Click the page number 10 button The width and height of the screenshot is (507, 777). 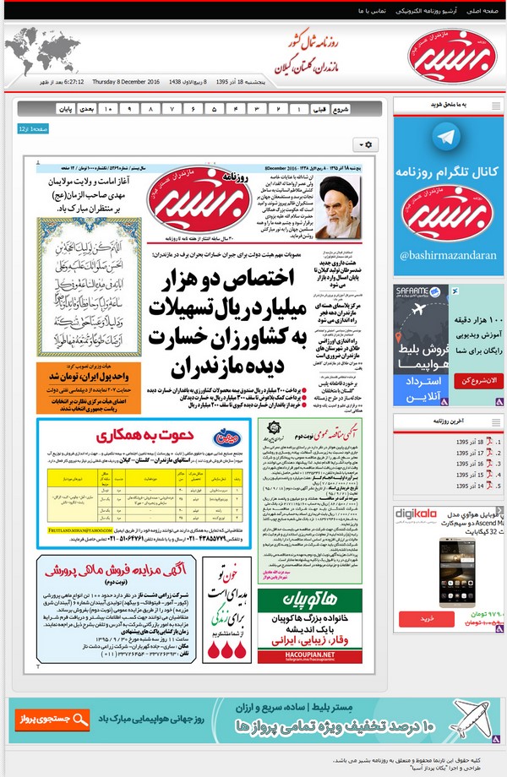[107, 109]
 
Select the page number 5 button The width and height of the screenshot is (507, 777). [215, 109]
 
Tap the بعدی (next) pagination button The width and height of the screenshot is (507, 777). [85, 109]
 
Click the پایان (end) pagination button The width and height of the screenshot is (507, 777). [65, 109]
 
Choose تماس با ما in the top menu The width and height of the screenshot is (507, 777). [372, 10]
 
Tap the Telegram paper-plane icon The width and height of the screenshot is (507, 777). [447, 138]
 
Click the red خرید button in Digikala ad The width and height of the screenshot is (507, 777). [427, 618]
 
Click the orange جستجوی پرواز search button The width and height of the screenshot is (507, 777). [52, 719]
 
